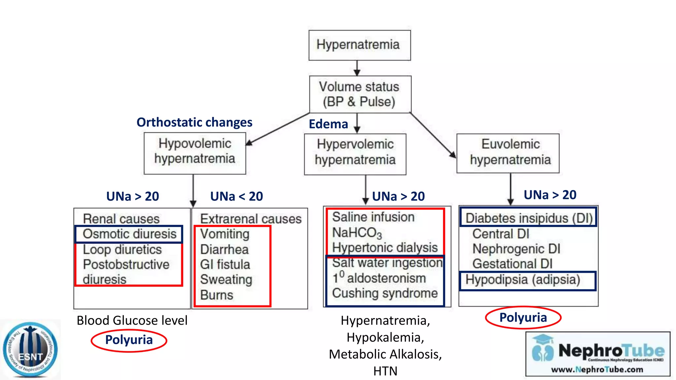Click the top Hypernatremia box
pos(359,45)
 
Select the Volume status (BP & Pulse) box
pos(360,94)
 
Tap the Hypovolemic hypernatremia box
pos(195,153)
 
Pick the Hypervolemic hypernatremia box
pos(355,154)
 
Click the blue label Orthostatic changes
pos(194,122)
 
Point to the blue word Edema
pos(328,124)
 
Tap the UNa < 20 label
pos(237,196)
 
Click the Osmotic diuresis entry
pos(129,234)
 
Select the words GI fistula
pos(225,265)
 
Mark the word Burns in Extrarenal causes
pos(217,295)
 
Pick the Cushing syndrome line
pos(385,293)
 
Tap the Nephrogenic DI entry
pos(516,249)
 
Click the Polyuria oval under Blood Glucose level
pos(129,340)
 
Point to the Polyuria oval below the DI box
pos(523,318)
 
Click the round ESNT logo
pos(30,350)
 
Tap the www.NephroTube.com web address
pos(597,369)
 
